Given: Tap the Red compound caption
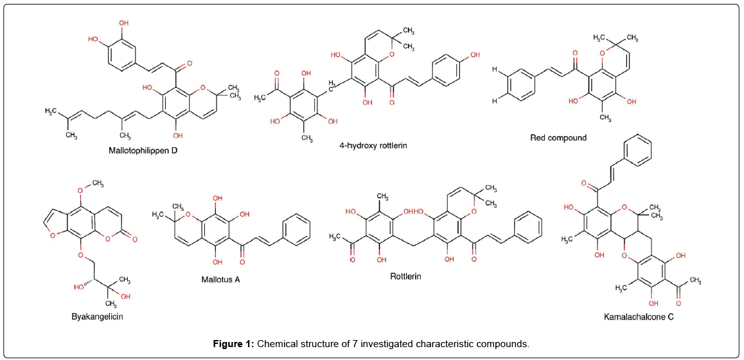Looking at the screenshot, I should (558, 138).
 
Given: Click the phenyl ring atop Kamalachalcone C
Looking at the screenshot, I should (637, 154).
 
